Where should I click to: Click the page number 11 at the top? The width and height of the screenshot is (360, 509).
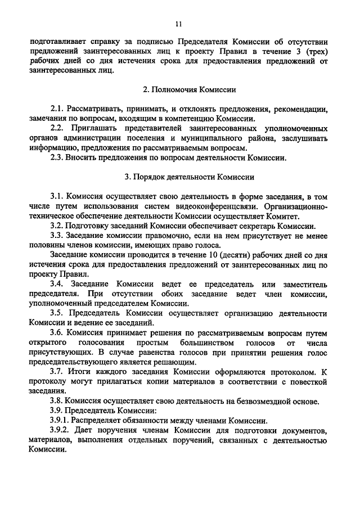click(179, 24)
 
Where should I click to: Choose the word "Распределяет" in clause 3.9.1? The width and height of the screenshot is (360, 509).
click(103, 420)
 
